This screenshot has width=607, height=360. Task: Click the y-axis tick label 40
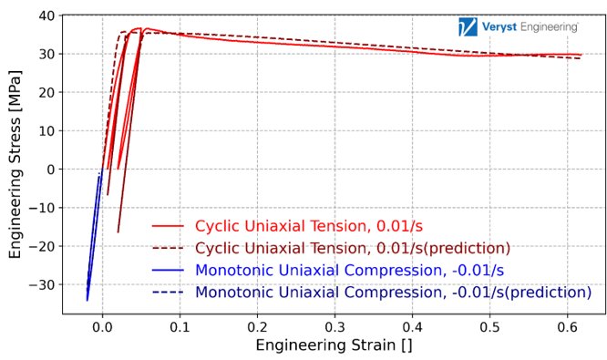pos(45,15)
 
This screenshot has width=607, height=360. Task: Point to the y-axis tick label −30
pos(41,285)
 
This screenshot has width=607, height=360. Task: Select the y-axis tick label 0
pos(50,170)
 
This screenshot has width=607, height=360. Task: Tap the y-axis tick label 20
pos(45,93)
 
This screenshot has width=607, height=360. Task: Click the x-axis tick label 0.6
pos(567,326)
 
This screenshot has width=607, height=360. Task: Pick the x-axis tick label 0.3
pos(334,326)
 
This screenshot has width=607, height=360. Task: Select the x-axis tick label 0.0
pos(102,326)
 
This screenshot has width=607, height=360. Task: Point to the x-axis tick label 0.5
pos(489,326)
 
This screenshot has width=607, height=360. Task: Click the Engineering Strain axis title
pos(334,345)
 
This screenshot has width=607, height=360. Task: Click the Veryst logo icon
pos(493,26)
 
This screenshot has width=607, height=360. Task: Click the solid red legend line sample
pos(168,227)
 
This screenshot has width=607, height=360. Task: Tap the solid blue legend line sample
pos(168,271)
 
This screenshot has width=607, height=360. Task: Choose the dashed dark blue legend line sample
pos(168,293)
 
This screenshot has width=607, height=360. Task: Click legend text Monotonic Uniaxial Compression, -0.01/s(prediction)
pos(393,293)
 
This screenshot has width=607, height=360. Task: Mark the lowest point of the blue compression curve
pos(87,300)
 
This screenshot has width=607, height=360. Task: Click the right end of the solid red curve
pos(581,55)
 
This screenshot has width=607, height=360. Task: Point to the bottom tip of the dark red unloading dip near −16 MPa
pos(118,232)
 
